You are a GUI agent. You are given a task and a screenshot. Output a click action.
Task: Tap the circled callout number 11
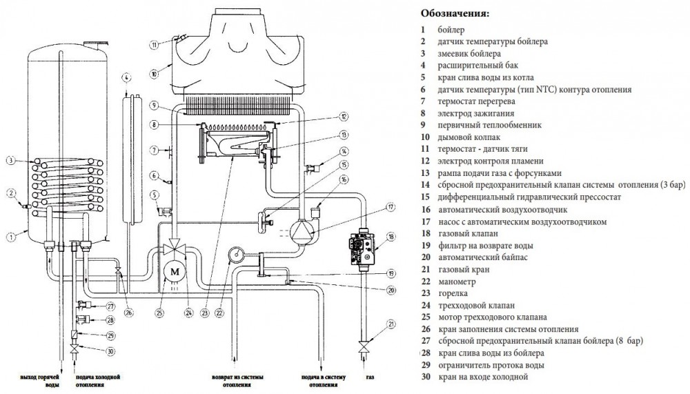click(x=155, y=45)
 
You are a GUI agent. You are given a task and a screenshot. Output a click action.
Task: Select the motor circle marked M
click(x=174, y=270)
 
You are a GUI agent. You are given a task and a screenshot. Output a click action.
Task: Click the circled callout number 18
click(x=391, y=237)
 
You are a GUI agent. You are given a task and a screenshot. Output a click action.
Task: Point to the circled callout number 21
click(x=391, y=324)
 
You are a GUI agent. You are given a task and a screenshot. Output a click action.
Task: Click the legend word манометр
click(x=457, y=282)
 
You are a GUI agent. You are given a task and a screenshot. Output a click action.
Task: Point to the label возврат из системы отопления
click(x=236, y=382)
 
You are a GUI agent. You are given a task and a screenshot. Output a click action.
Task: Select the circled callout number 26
click(x=128, y=313)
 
